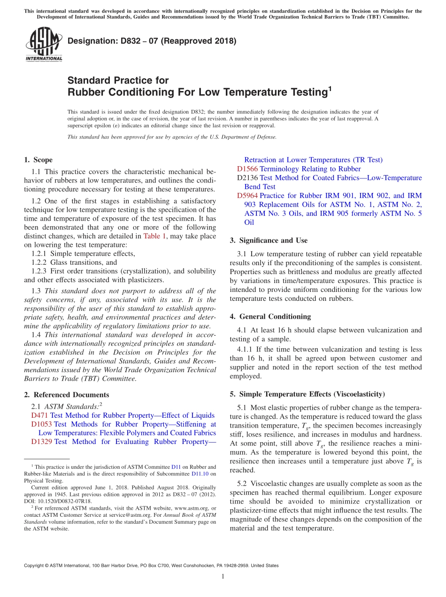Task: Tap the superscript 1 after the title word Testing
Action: [329, 88]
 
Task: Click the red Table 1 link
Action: [154, 236]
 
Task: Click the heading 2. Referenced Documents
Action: [66, 395]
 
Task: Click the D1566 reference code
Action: [247, 169]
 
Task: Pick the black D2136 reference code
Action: [247, 178]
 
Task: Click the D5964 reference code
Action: [247, 196]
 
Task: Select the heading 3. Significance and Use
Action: [269, 240]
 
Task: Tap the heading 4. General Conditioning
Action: [270, 316]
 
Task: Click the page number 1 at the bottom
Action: [223, 577]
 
